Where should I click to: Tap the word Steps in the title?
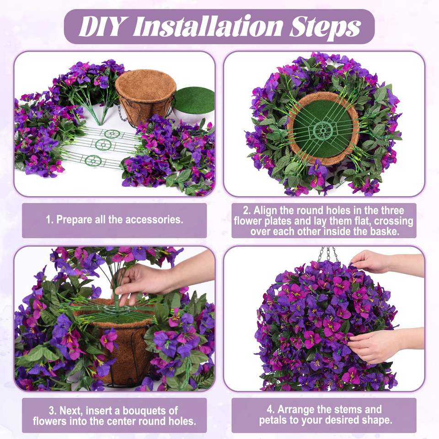pyautogui.click(x=325, y=27)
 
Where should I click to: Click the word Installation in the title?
pyautogui.click(x=207, y=26)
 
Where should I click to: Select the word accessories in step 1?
pyautogui.click(x=154, y=220)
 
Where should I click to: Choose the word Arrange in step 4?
pyautogui.click(x=296, y=410)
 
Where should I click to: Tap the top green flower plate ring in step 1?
pyautogui.click(x=112, y=134)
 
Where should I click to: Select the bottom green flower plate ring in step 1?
pyautogui.click(x=93, y=161)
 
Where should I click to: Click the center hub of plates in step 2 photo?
pyautogui.click(x=323, y=130)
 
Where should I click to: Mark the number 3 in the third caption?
pyautogui.click(x=52, y=411)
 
